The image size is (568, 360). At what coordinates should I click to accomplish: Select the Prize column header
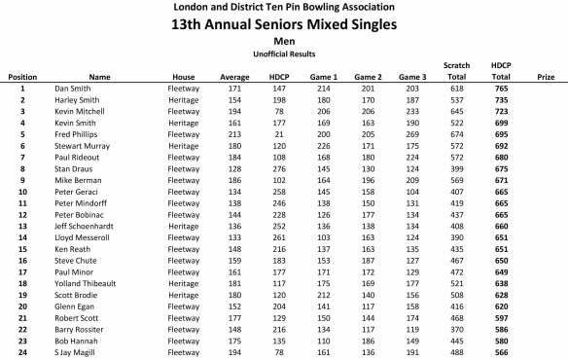[x=546, y=76]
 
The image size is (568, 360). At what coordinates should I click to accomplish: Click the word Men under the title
[x=285, y=42]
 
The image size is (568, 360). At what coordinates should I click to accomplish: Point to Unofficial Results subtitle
[x=285, y=54]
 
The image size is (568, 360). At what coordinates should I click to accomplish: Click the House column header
[x=184, y=76]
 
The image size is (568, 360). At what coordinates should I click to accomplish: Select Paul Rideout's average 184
[x=233, y=157]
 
